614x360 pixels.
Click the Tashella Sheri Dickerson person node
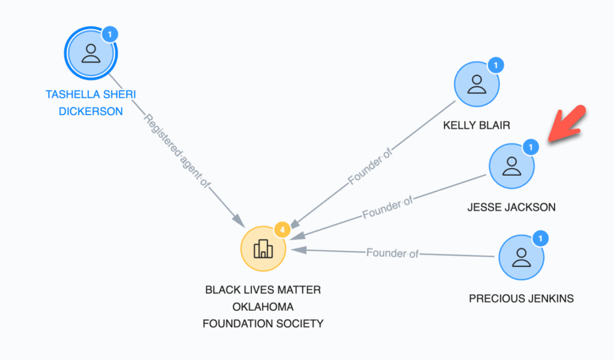91,53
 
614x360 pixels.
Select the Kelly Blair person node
477,84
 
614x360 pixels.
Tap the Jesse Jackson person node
511,166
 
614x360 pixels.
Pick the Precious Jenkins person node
521,257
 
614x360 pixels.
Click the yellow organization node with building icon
263,249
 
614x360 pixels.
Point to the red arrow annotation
567,124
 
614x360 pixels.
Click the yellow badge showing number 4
282,230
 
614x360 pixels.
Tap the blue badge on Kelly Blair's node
496,65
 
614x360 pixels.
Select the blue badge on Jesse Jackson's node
531,147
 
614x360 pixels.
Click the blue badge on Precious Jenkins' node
540,238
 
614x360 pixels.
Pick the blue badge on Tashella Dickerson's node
110,34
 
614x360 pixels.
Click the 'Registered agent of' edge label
177,151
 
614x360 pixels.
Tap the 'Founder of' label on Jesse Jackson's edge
387,208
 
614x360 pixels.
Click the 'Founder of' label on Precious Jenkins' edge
392,253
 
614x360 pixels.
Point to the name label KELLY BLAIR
477,125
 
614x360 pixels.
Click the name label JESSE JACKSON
511,207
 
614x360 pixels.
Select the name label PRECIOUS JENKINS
521,298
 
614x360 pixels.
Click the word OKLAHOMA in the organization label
263,307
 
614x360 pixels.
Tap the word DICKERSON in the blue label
91,112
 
